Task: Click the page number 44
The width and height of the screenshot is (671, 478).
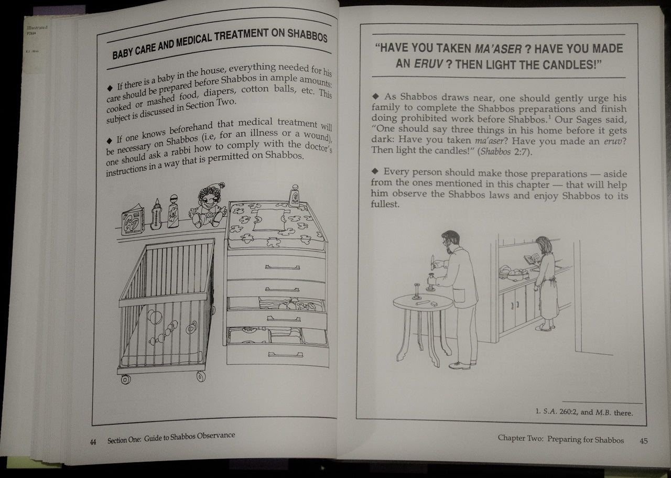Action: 93,442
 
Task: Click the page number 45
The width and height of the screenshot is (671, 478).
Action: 644,440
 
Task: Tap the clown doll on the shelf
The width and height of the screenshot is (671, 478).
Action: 208,205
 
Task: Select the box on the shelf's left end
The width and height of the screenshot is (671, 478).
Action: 133,219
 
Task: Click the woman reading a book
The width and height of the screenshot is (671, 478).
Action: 546,283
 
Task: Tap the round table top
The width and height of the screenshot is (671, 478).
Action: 423,301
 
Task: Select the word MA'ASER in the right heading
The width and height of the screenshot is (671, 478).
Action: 499,49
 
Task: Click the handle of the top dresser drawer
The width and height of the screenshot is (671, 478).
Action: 283,267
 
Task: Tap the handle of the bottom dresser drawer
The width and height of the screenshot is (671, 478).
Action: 285,355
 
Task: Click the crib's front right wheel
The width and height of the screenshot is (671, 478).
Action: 201,376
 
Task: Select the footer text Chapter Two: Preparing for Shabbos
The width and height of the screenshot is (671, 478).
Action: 560,440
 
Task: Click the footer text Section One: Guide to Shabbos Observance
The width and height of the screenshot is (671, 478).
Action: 171,438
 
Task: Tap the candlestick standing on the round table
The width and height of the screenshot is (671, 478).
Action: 417,291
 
